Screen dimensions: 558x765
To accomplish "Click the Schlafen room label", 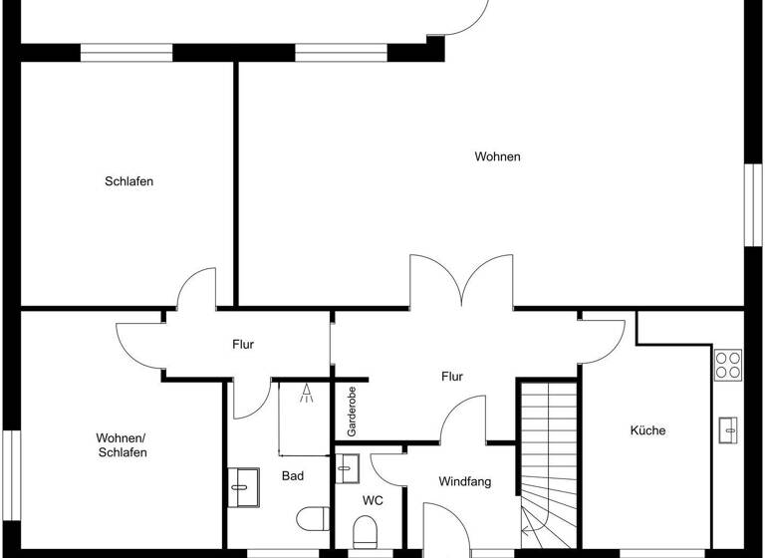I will point(128,181).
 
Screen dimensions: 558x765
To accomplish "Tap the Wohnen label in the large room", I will point(497,156).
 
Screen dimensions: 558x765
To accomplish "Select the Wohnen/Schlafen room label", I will point(123,445).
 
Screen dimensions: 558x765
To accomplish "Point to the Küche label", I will point(647,430).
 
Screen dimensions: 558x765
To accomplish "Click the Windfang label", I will point(465,481).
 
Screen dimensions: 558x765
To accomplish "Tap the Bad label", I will point(292,476).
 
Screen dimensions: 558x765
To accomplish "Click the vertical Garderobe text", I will point(352,412).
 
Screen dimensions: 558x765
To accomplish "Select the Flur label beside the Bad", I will point(243,345).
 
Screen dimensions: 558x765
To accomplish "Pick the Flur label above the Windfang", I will point(452,376).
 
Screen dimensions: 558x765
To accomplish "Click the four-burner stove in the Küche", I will point(728,364).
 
